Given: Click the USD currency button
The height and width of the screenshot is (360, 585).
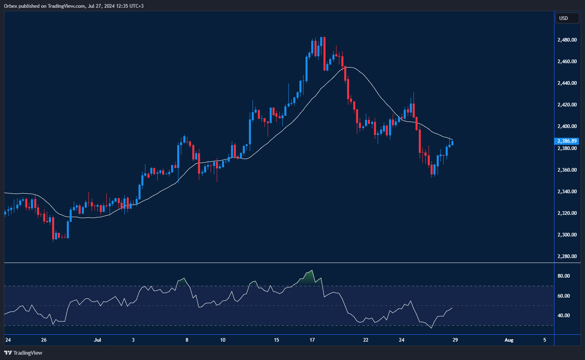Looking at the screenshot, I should pyautogui.click(x=567, y=18).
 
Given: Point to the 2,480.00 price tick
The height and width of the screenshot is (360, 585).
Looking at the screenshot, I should pyautogui.click(x=567, y=40).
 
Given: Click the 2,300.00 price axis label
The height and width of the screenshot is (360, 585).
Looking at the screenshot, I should pyautogui.click(x=567, y=235).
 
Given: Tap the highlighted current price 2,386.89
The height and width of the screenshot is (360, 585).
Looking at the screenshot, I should pyautogui.click(x=567, y=141).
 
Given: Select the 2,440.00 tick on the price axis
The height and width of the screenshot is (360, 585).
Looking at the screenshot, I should pyautogui.click(x=567, y=83).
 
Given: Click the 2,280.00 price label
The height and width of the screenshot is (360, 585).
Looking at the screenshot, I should pyautogui.click(x=567, y=256).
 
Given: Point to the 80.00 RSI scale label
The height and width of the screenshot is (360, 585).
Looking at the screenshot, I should pyautogui.click(x=563, y=276).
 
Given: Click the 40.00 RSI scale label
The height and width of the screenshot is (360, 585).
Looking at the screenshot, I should pyautogui.click(x=563, y=316).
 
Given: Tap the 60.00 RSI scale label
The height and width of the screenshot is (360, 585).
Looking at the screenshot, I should pyautogui.click(x=563, y=296).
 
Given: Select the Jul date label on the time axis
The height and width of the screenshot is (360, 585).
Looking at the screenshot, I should pyautogui.click(x=97, y=340).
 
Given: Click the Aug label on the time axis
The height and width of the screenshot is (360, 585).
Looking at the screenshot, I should pyautogui.click(x=509, y=340).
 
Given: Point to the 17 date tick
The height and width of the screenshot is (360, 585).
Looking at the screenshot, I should pyautogui.click(x=312, y=340).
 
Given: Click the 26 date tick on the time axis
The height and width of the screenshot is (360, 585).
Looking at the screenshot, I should pyautogui.click(x=44, y=340).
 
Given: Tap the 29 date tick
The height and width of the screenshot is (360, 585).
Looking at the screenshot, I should pyautogui.click(x=455, y=340).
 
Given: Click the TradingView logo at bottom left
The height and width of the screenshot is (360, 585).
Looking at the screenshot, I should pyautogui.click(x=23, y=353).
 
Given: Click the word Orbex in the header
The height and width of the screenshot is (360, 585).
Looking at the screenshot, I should pyautogui.click(x=11, y=6).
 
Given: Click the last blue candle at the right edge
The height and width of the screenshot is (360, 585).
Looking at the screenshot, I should pyautogui.click(x=452, y=143).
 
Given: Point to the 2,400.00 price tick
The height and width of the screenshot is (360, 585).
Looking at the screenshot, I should pyautogui.click(x=567, y=126).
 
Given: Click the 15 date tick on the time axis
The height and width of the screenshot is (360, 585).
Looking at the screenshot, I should pyautogui.click(x=276, y=340).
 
